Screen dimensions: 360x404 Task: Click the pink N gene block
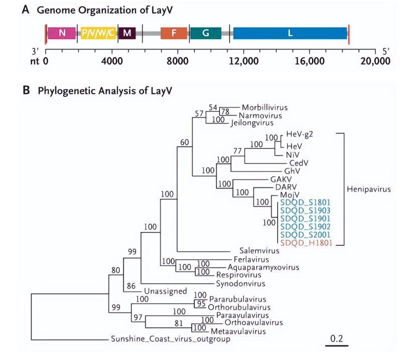pyautogui.click(x=62, y=33)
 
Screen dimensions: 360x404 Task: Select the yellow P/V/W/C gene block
pyautogui.click(x=98, y=33)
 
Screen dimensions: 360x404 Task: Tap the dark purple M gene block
pyautogui.click(x=127, y=33)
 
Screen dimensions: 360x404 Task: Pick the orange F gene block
pyautogui.click(x=174, y=33)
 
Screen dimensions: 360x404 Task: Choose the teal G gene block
pyautogui.click(x=205, y=33)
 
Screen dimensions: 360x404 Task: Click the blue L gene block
pyautogui.click(x=290, y=33)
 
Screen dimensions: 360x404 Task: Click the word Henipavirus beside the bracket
pyautogui.click(x=368, y=189)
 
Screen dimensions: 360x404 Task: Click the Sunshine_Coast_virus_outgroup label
pyautogui.click(x=170, y=339)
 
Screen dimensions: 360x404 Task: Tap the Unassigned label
pyautogui.click(x=165, y=291)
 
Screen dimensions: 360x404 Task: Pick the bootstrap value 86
pyautogui.click(x=131, y=286)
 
